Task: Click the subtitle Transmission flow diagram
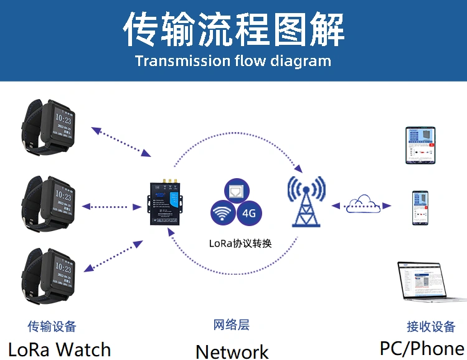pyautogui.click(x=233, y=61)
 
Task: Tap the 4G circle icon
pyautogui.click(x=250, y=213)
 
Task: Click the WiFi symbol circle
pyautogui.click(x=222, y=214)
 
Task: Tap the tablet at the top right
pyautogui.click(x=421, y=145)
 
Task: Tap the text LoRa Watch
pyautogui.click(x=59, y=349)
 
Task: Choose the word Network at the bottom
pyautogui.click(x=232, y=351)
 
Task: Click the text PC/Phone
pyautogui.click(x=422, y=348)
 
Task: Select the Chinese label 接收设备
pyautogui.click(x=430, y=326)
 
